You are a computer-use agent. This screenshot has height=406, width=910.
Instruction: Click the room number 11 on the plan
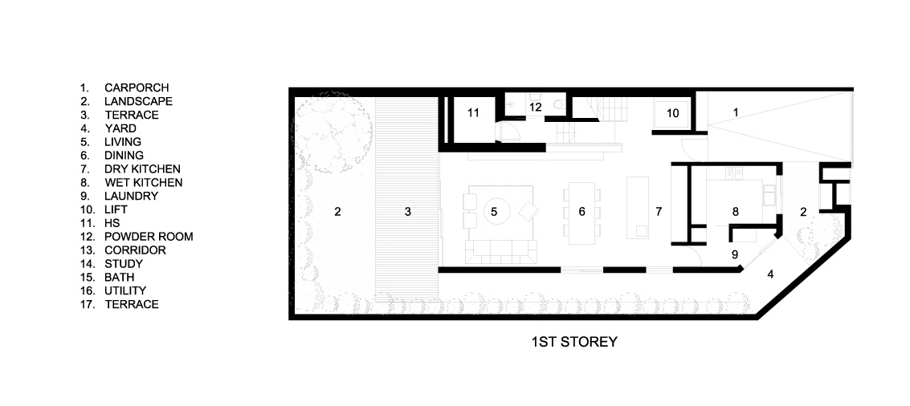click(x=474, y=113)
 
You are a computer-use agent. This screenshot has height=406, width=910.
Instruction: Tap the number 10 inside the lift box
click(x=672, y=113)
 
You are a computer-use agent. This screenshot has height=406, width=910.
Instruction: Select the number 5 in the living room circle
click(x=494, y=212)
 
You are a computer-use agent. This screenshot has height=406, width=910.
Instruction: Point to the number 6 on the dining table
click(x=582, y=212)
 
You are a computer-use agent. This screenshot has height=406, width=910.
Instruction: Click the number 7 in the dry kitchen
click(x=659, y=212)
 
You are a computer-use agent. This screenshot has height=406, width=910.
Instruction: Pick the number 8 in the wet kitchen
click(x=736, y=212)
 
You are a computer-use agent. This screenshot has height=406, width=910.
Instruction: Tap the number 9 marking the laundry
click(x=735, y=254)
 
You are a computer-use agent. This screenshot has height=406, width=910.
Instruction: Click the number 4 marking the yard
click(x=771, y=274)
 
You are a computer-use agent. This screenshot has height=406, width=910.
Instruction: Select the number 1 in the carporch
click(x=736, y=112)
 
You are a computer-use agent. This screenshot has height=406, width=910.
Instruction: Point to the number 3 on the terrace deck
click(x=408, y=212)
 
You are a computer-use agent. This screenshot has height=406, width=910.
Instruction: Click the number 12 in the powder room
click(x=535, y=107)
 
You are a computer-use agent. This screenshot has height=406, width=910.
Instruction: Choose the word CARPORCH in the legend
click(x=137, y=87)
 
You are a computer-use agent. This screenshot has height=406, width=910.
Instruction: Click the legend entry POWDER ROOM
click(x=149, y=237)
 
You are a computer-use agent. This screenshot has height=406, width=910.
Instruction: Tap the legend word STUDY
click(x=124, y=264)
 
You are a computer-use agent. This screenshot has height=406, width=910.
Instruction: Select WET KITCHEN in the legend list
click(x=143, y=183)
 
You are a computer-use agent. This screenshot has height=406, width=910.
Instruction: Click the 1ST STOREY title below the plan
click(x=574, y=342)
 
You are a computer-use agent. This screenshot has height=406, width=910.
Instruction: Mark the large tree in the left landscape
click(x=333, y=132)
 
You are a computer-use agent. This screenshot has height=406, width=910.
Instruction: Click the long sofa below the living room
click(x=501, y=252)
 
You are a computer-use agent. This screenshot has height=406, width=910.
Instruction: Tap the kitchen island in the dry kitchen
click(x=638, y=208)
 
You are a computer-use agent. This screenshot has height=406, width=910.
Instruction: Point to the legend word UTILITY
click(x=125, y=290)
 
